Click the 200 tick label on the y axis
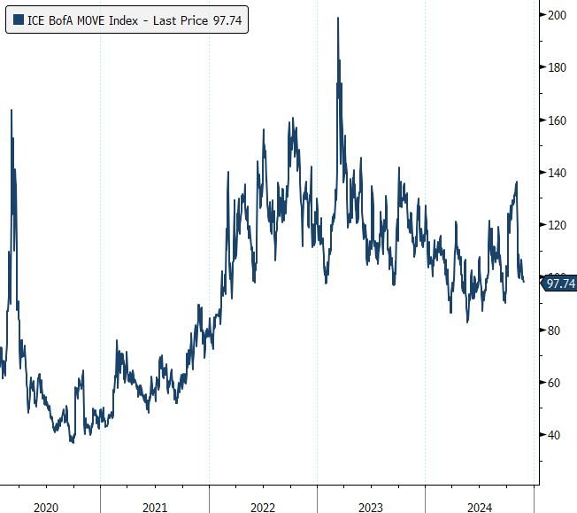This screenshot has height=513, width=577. tap(557, 15)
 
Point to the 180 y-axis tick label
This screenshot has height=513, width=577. tap(557, 67)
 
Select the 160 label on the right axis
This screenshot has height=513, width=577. tap(557, 120)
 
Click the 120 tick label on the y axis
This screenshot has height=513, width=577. tap(557, 225)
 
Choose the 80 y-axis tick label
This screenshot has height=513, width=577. tap(557, 330)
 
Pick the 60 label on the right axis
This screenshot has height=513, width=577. tap(557, 382)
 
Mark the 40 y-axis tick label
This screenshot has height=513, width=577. tap(557, 434)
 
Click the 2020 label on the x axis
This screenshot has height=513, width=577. tap(46, 507)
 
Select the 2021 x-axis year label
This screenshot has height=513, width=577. tap(154, 507)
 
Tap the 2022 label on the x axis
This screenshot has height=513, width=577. tap(263, 507)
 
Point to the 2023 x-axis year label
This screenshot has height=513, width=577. tap(371, 507)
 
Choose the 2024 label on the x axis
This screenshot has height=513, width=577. tap(479, 507)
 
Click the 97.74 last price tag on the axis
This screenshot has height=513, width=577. tap(561, 284)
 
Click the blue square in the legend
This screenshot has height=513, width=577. tap(19, 19)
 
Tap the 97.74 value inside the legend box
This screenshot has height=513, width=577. tap(227, 19)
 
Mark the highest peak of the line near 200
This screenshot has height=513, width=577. tap(338, 18)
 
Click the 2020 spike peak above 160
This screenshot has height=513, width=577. tap(12, 110)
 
